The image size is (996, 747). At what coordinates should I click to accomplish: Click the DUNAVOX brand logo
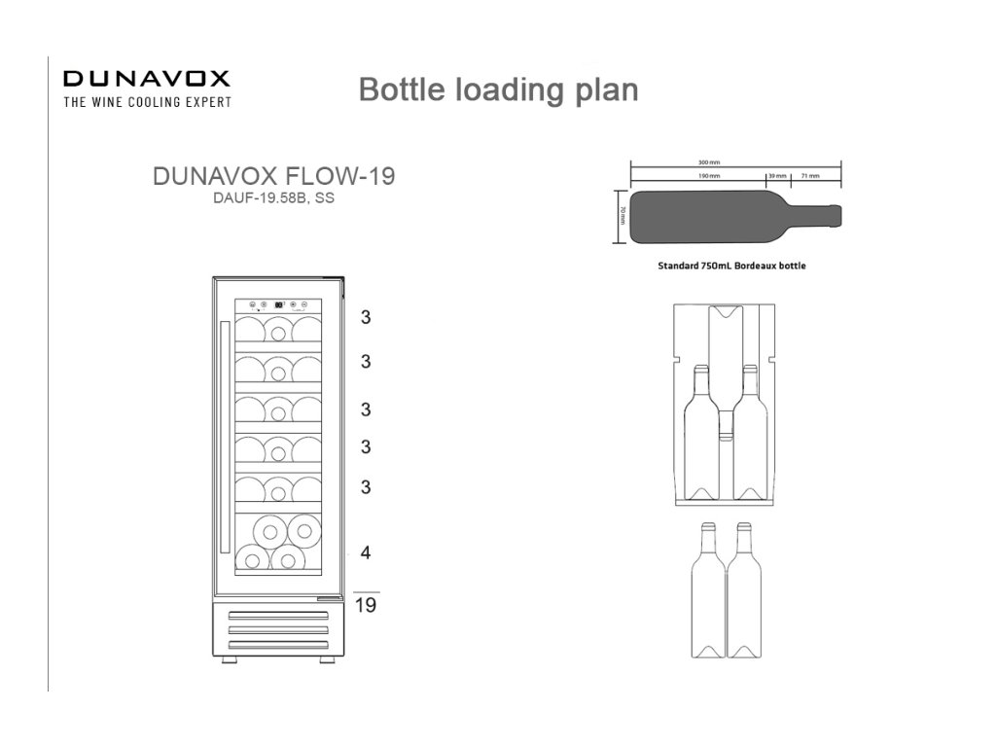pos(146,79)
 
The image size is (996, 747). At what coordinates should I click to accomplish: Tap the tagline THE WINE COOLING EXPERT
pos(147,102)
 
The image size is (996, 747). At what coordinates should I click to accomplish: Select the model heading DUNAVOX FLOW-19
pos(274,177)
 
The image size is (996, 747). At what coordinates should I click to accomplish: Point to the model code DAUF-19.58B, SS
pos(274,197)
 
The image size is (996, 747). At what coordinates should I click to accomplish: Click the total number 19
pos(366,606)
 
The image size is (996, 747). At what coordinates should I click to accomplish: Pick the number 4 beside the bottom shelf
pos(366,552)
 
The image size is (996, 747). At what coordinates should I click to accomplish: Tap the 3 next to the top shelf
pos(366,317)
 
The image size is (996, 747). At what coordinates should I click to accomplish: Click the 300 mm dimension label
pos(709,162)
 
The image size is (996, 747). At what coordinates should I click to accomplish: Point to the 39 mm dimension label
pos(777,177)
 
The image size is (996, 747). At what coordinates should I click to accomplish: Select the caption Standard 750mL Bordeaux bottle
pos(731,266)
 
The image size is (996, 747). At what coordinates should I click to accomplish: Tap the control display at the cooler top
pos(279,302)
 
